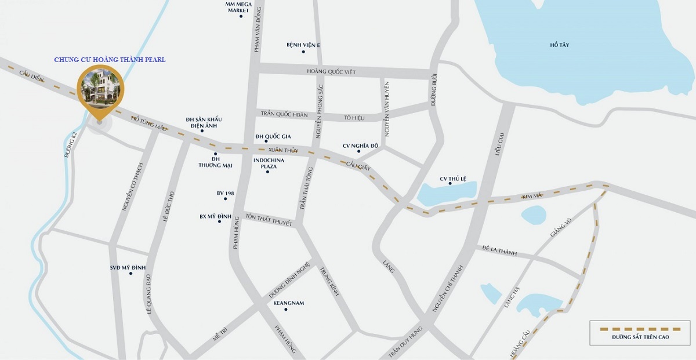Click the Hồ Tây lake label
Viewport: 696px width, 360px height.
[x=560, y=45]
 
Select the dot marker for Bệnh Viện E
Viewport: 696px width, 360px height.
[x=303, y=52]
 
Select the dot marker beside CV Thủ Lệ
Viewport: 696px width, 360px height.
[x=451, y=183]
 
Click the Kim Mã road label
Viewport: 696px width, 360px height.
[x=532, y=197]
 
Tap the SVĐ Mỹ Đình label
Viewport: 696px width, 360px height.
[x=128, y=267]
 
